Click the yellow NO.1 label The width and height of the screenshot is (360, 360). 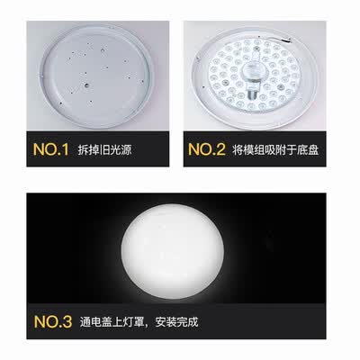click(51, 149)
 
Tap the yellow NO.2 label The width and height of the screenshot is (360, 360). click(206, 149)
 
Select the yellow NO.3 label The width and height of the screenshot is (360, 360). click(53, 321)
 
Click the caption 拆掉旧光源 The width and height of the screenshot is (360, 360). click(104, 149)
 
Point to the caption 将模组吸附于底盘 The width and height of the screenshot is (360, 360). click(275, 149)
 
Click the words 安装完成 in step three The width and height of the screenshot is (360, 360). click(176, 322)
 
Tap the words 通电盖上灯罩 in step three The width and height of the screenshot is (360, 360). click(112, 322)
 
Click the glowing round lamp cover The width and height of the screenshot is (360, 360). click(173, 251)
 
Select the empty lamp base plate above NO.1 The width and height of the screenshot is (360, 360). click(96, 76)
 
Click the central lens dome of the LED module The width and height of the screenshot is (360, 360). click(251, 72)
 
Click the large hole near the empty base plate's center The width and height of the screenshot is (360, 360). click(86, 85)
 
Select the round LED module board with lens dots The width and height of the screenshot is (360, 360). click(253, 75)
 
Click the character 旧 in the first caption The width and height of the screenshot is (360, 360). click(103, 149)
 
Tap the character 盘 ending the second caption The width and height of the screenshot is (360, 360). click(313, 149)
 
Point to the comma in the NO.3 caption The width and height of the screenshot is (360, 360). click(149, 325)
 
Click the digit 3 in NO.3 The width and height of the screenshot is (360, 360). click(67, 321)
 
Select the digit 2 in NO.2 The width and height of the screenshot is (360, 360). click(220, 149)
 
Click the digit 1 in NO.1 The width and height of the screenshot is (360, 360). click(66, 149)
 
